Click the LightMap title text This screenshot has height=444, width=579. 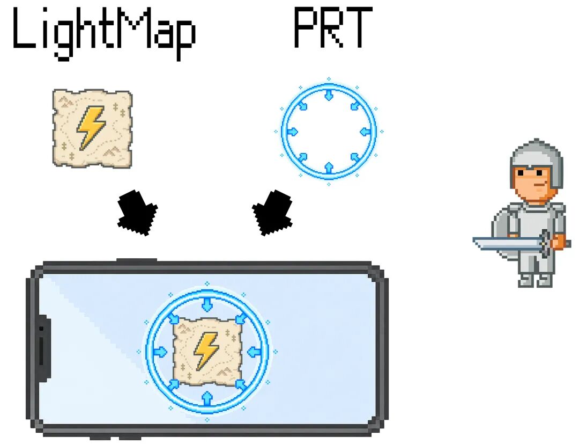[104, 33]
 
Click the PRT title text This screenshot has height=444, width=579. [333, 27]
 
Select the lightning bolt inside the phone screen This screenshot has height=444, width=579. [206, 351]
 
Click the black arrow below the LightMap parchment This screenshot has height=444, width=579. [137, 213]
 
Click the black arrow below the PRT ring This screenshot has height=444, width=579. [272, 213]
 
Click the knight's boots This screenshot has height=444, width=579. [536, 280]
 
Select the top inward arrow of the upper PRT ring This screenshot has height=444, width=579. [329, 94]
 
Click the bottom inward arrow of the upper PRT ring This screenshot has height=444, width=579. [329, 168]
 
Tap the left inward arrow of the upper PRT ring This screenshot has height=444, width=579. [292, 131]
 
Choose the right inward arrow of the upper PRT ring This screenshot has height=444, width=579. [365, 131]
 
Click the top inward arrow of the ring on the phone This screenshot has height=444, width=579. [207, 304]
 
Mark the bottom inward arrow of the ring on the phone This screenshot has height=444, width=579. [207, 398]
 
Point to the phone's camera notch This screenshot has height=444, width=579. [43, 347]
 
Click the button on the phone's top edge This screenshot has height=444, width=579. [137, 260]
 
